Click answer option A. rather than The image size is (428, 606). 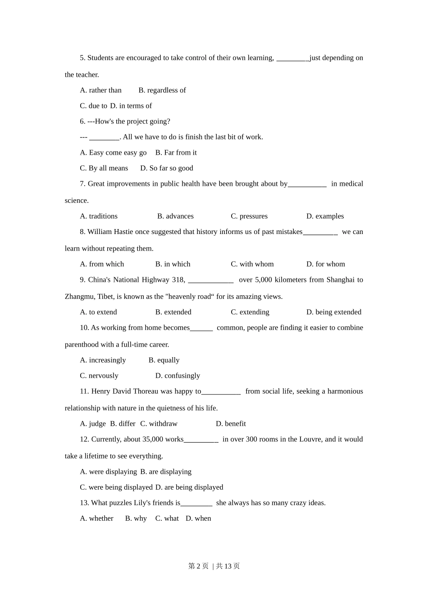click(x=100, y=90)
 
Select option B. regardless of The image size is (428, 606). click(x=162, y=90)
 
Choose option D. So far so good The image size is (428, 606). click(x=166, y=168)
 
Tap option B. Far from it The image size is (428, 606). click(x=176, y=152)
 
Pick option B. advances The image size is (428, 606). click(x=175, y=216)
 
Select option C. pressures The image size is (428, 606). click(x=249, y=216)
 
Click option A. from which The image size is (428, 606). click(x=102, y=264)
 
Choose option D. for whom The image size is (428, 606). click(x=325, y=264)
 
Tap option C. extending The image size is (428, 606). click(x=250, y=312)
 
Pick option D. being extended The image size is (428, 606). click(x=333, y=312)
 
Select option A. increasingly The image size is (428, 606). click(x=103, y=360)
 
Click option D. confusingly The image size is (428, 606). click(x=178, y=376)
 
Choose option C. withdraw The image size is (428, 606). click(x=159, y=424)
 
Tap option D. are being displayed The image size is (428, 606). click(x=189, y=487)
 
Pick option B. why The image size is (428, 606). click(x=136, y=519)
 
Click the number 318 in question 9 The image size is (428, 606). click(x=178, y=280)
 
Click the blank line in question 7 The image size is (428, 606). click(x=307, y=184)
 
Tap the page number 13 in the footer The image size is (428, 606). click(x=227, y=566)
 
